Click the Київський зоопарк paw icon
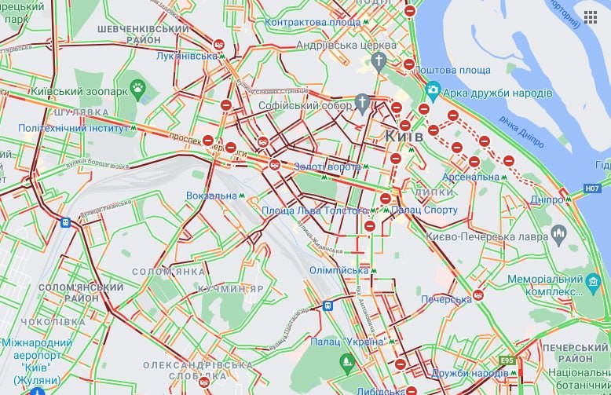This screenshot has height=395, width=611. (138, 88)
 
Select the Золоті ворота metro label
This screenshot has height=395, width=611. (327, 166)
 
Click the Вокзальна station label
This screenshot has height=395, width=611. (211, 195)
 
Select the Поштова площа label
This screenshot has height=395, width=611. (441, 71)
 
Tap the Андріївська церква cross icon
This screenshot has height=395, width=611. (379, 60)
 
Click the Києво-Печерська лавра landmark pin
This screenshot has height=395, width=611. (559, 232)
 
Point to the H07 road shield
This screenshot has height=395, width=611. (592, 188)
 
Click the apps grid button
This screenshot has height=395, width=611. (590, 17)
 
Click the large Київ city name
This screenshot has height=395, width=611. (404, 136)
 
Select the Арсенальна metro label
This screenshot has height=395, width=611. (470, 177)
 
